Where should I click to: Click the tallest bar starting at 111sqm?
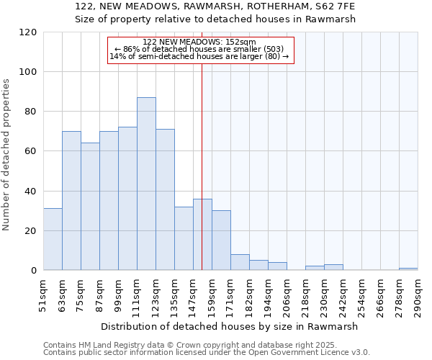pyautogui.click(x=146, y=184)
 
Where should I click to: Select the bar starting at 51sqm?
pyautogui.click(x=53, y=239)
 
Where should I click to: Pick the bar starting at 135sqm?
pyautogui.click(x=184, y=238)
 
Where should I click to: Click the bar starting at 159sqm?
pyautogui.click(x=221, y=240)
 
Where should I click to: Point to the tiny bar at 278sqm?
pyautogui.click(x=408, y=269)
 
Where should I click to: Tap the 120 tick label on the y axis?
pyautogui.click(x=28, y=32)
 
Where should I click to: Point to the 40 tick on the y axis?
pyautogui.click(x=31, y=192)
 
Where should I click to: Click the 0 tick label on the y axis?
pyautogui.click(x=34, y=271)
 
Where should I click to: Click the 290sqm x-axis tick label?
pyautogui.click(x=418, y=296)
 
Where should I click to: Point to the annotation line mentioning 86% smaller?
pyautogui.click(x=200, y=49)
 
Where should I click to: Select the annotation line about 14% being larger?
pyautogui.click(x=199, y=56)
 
